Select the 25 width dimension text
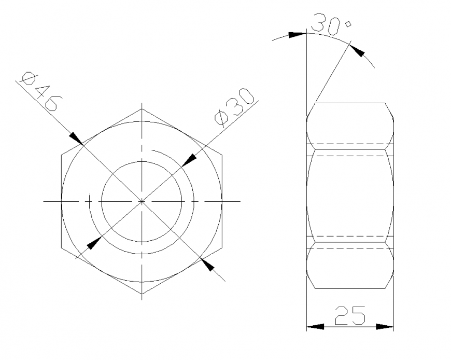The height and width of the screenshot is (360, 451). [x=350, y=315]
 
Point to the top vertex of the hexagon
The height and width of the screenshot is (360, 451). [x=142, y=109]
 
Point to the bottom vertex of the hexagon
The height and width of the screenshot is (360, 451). [x=142, y=294]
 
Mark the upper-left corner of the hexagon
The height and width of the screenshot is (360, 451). [x=61, y=155]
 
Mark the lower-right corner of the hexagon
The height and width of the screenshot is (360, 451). [x=223, y=248]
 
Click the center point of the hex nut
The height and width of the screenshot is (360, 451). [x=142, y=201]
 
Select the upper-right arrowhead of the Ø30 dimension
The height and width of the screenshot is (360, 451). [x=188, y=159]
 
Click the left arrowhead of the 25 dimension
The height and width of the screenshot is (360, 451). [x=315, y=327]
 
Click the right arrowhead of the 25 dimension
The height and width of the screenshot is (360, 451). [x=385, y=327]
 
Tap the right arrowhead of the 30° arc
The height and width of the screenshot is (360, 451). [x=358, y=51]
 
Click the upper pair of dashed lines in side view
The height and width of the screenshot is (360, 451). [x=350, y=149]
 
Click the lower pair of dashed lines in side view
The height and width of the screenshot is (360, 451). [x=350, y=242]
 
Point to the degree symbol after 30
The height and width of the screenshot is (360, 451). [x=348, y=23]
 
